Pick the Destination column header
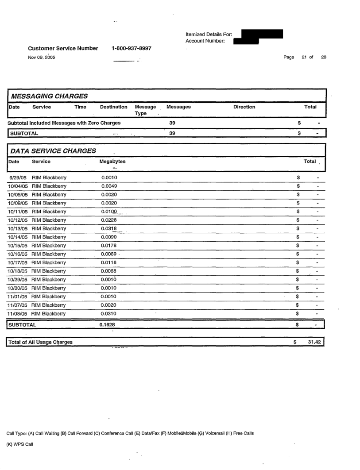[114, 107]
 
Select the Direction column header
[244, 107]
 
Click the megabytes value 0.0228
[109, 220]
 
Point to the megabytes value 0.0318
[109, 229]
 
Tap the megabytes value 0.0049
[109, 186]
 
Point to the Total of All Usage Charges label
[41, 342]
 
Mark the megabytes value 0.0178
[109, 246]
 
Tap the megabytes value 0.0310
[109, 314]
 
